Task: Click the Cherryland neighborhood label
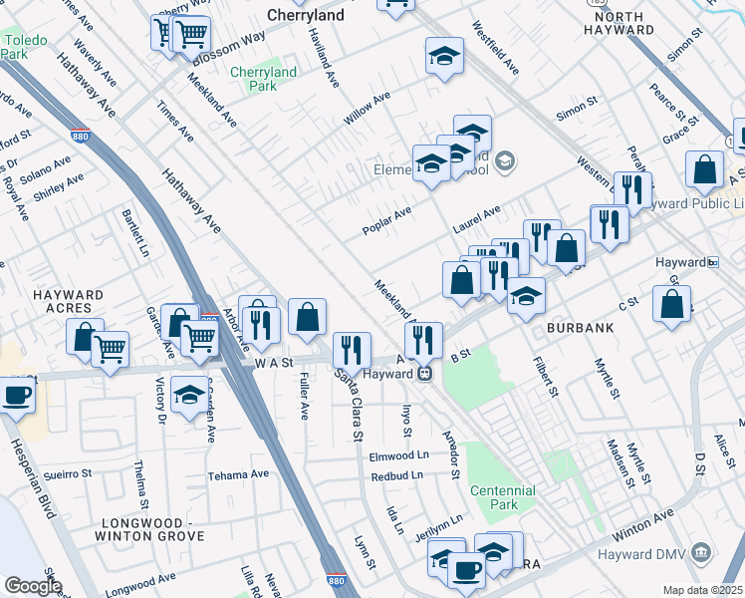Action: pos(306,15)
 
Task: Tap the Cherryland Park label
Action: pos(263,79)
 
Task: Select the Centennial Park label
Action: pos(503,497)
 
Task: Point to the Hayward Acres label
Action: pos(67,302)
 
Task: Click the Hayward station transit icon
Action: pos(424,374)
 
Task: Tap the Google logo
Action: pos(32,586)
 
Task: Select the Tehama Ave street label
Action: pos(238,474)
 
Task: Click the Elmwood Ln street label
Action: pos(398,456)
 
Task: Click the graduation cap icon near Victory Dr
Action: pos(188,395)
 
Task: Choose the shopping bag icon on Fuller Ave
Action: pos(308,318)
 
